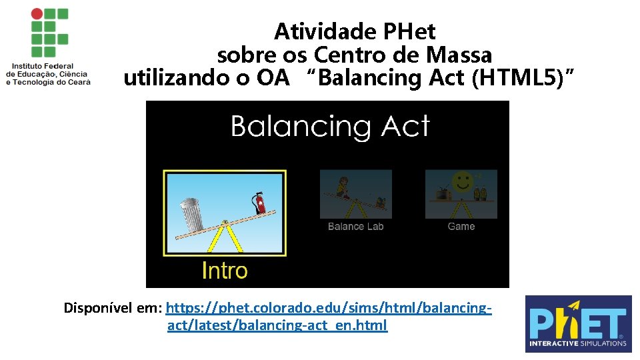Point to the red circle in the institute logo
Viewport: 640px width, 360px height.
pyautogui.click(x=36, y=13)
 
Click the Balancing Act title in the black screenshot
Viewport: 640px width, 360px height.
pyautogui.click(x=330, y=126)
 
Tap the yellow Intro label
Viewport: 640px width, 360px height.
pyautogui.click(x=225, y=271)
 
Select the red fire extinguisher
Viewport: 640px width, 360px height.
pyautogui.click(x=257, y=201)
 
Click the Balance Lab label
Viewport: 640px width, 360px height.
pyautogui.click(x=355, y=227)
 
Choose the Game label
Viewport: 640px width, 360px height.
pyautogui.click(x=461, y=227)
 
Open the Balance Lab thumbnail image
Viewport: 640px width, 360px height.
pyautogui.click(x=355, y=193)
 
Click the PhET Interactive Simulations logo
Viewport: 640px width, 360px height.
pyautogui.click(x=578, y=324)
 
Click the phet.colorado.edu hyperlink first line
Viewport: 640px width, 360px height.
pyautogui.click(x=329, y=308)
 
